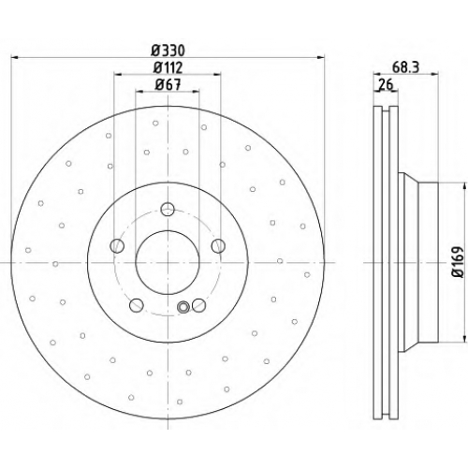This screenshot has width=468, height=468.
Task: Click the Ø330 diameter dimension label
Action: (x=168, y=51)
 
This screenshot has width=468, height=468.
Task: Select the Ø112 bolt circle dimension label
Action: (x=168, y=67)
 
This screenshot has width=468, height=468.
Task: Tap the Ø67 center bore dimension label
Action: (x=168, y=84)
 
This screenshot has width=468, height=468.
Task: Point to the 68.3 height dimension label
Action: (x=405, y=67)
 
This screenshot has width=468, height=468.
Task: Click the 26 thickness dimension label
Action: (x=386, y=84)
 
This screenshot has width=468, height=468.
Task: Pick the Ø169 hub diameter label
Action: (x=459, y=262)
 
